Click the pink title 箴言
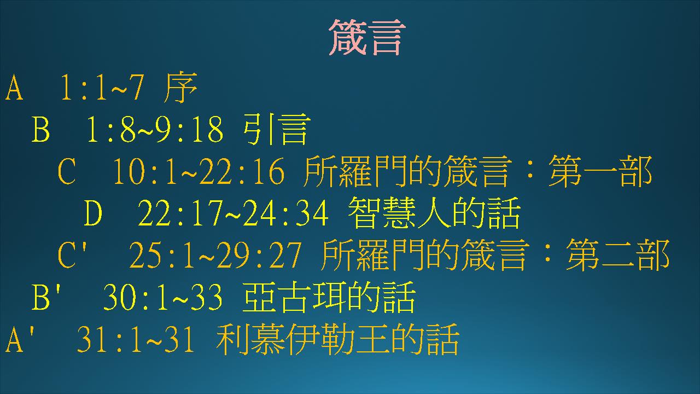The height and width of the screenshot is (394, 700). (x=367, y=37)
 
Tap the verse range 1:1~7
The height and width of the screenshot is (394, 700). (x=102, y=87)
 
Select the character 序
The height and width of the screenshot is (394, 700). (x=180, y=87)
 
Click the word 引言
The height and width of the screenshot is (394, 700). (x=277, y=129)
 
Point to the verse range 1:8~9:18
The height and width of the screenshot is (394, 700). (x=155, y=129)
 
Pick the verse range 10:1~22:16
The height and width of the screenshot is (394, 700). (x=199, y=171)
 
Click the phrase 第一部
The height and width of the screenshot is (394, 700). (x=600, y=171)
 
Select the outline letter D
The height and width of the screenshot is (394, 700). (x=93, y=213)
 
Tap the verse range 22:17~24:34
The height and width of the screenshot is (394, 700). (x=233, y=213)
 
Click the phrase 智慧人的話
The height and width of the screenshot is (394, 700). (x=434, y=213)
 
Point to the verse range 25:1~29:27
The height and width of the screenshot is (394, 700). (x=215, y=255)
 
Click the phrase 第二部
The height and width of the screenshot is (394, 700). (x=618, y=255)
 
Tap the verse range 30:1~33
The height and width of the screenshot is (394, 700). (x=163, y=297)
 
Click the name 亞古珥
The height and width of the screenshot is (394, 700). (x=294, y=297)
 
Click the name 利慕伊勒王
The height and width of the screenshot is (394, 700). (x=302, y=339)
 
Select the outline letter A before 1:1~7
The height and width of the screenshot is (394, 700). (x=14, y=87)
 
